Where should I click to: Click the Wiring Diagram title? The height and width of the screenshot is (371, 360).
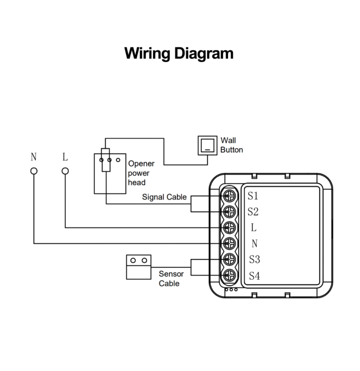click(179, 53)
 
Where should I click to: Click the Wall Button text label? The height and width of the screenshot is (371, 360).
click(231, 145)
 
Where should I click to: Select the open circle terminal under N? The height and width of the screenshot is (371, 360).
click(34, 171)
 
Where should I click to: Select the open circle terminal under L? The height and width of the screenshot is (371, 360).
click(65, 171)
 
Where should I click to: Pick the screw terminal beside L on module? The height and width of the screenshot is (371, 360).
click(230, 227)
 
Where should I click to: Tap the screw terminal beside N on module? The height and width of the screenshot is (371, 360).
click(230, 243)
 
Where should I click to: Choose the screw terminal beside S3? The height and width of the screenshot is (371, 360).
click(230, 259)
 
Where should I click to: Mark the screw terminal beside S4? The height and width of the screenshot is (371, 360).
click(230, 275)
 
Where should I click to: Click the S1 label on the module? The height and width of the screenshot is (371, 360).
click(253, 195)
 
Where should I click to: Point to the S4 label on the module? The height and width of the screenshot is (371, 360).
click(254, 276)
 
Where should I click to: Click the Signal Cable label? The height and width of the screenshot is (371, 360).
click(164, 197)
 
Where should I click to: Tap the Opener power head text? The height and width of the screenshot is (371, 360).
click(141, 173)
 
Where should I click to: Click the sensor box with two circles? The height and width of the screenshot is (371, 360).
click(138, 267)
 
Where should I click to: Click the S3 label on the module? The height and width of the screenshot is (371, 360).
click(254, 259)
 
